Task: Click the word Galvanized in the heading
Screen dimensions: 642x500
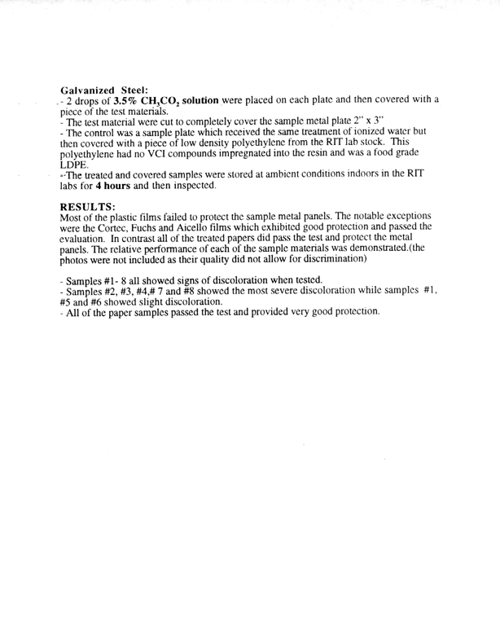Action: pos(88,89)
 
